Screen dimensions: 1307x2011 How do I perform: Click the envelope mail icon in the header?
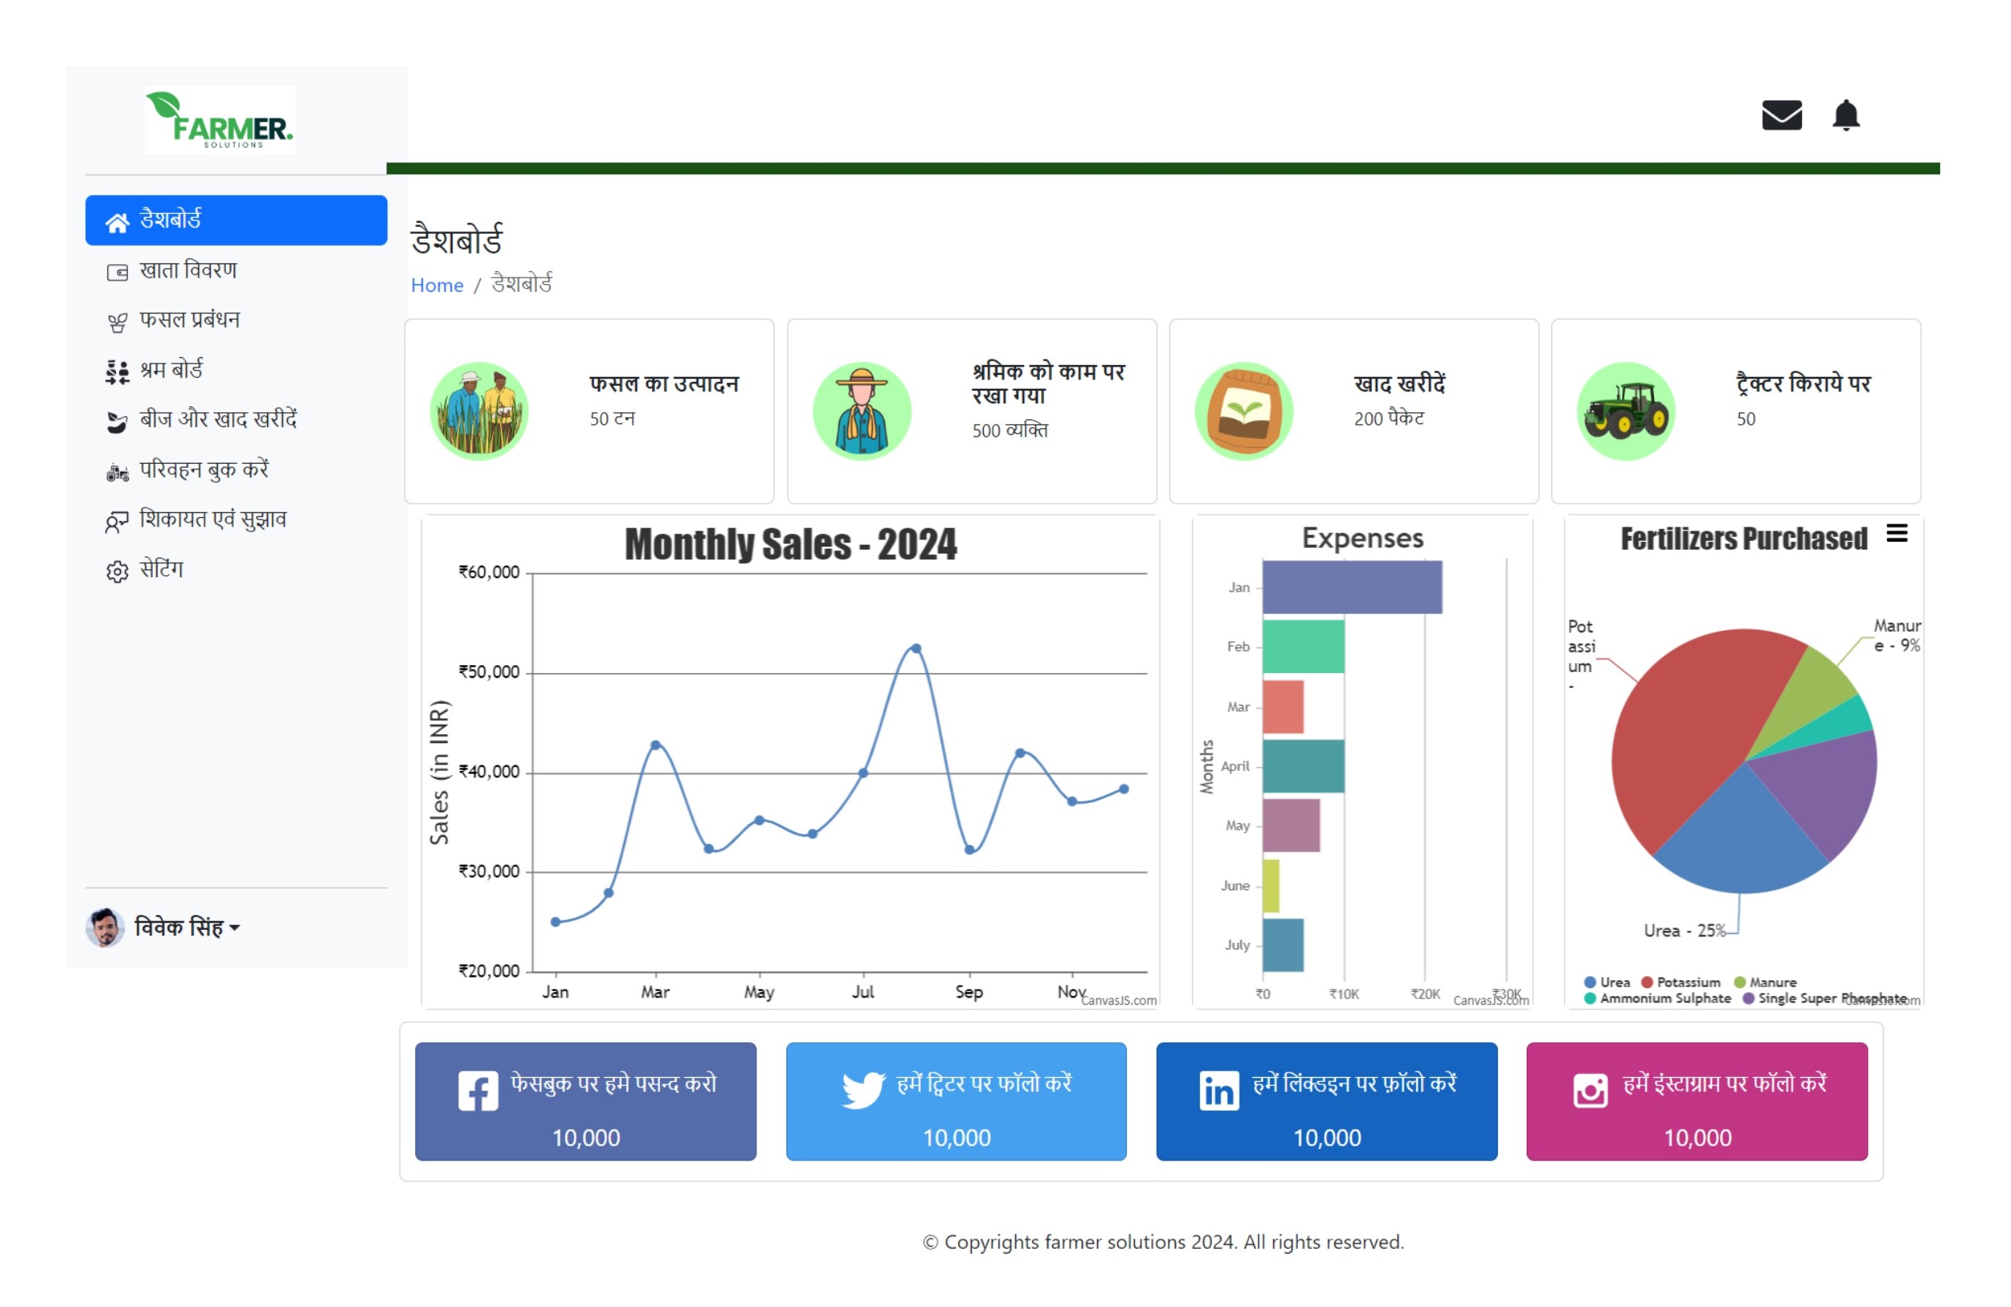[1781, 115]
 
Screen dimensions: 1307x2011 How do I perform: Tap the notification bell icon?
[1846, 115]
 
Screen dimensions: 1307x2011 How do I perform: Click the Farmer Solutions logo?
[219, 121]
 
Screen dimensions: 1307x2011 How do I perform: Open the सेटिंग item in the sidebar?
[161, 570]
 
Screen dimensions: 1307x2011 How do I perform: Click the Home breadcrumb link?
[437, 285]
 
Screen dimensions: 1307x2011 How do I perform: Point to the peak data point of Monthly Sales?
[916, 648]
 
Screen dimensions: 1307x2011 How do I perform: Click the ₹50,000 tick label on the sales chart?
[488, 672]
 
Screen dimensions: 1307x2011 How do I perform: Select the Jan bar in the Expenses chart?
[1352, 587]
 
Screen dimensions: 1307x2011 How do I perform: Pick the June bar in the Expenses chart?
[1271, 885]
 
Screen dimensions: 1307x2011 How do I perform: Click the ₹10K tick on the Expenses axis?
[1344, 994]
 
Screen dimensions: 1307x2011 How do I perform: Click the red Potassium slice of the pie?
[1682, 727]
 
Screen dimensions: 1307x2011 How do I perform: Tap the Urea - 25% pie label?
[1684, 931]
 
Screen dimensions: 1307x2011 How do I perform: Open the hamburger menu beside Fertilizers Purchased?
[1897, 534]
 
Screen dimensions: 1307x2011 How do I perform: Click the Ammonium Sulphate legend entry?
[1658, 998]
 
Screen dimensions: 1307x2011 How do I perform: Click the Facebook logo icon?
[478, 1091]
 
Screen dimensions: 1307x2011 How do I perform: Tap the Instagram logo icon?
[1590, 1091]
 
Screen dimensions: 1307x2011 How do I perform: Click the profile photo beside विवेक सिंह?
[105, 928]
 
